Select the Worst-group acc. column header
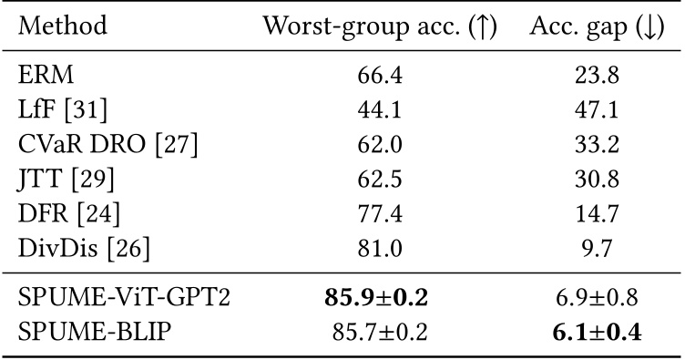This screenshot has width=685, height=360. [379, 26]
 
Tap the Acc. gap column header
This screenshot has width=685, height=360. [598, 26]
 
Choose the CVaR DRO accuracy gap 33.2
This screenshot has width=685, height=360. [598, 143]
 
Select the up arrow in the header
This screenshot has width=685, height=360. [480, 26]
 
